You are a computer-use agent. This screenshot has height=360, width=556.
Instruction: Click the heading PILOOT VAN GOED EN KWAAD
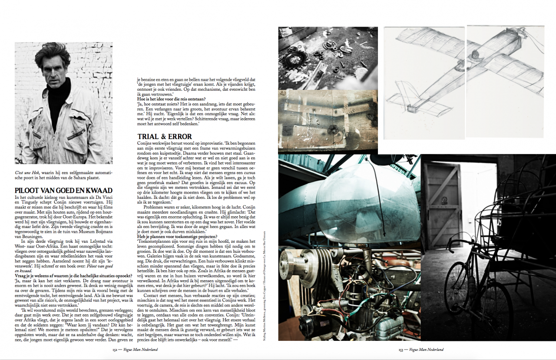tap(63, 190)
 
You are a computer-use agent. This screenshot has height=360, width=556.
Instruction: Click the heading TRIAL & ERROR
tap(165, 136)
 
